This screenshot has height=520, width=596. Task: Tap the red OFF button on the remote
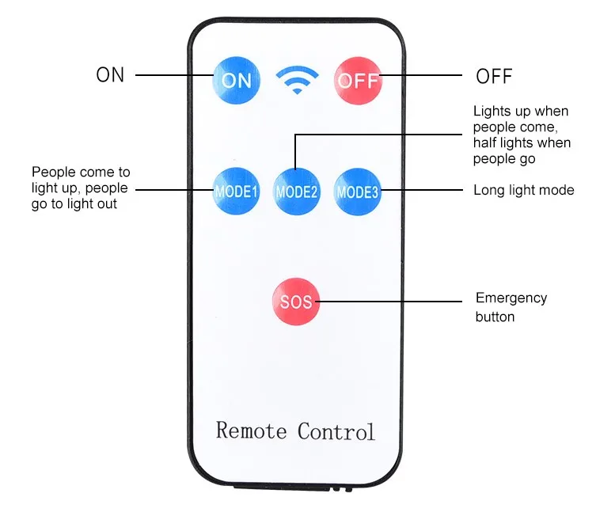point(359,80)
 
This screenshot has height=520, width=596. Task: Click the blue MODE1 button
point(236,192)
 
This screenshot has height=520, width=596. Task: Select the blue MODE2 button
point(297,192)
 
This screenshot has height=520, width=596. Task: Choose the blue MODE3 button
point(358,192)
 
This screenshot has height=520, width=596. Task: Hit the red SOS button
point(296,301)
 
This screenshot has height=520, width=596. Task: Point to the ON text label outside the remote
point(110,75)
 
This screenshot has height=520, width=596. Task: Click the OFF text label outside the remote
point(494,77)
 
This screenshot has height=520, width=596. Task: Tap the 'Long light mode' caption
point(523,190)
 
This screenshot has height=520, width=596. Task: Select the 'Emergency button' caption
point(511,307)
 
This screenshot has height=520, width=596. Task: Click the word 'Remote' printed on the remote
point(251,431)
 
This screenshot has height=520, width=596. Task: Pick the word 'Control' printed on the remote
point(336,431)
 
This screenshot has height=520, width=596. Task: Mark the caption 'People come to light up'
point(80,188)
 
